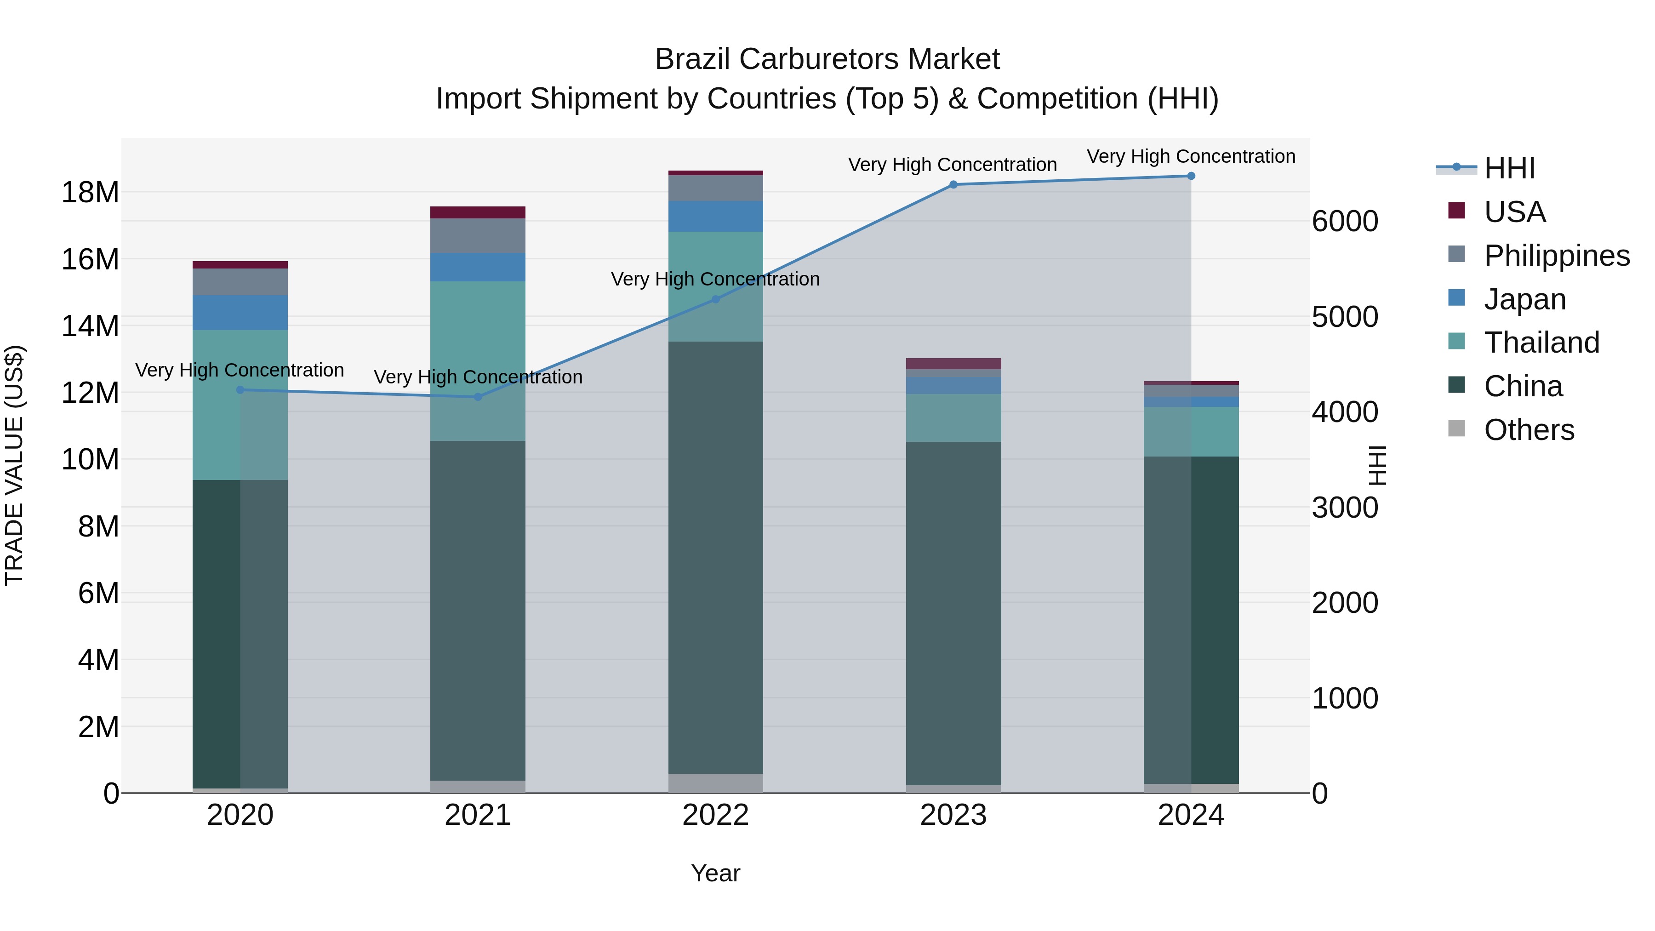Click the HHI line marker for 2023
coord(953,184)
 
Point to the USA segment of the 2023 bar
coord(953,363)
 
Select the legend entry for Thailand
coord(1541,343)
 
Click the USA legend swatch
coord(1456,211)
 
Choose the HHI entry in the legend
coord(1509,168)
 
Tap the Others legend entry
coord(1529,430)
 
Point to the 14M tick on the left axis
coord(90,326)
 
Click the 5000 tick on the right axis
coord(1345,317)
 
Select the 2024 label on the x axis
coord(1191,815)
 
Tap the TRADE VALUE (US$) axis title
coord(14,465)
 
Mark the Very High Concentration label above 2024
coord(1191,156)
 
